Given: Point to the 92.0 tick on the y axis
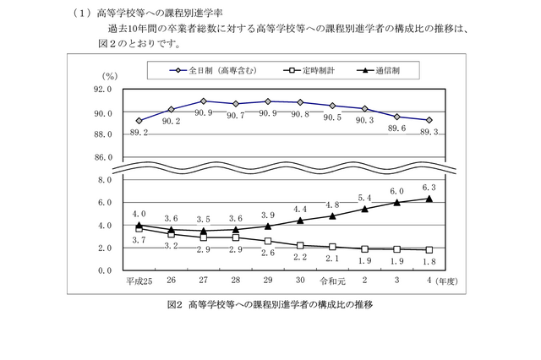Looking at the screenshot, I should (x=102, y=89).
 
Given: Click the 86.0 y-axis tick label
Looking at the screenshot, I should (x=102, y=157).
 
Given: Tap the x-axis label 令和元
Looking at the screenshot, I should (x=332, y=281).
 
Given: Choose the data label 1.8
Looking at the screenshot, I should (x=429, y=262).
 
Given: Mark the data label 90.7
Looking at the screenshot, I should (x=235, y=115).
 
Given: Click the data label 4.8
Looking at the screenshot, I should (x=331, y=205).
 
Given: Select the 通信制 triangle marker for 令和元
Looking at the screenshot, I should (x=332, y=215).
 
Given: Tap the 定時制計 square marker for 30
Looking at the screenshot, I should (x=300, y=245).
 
